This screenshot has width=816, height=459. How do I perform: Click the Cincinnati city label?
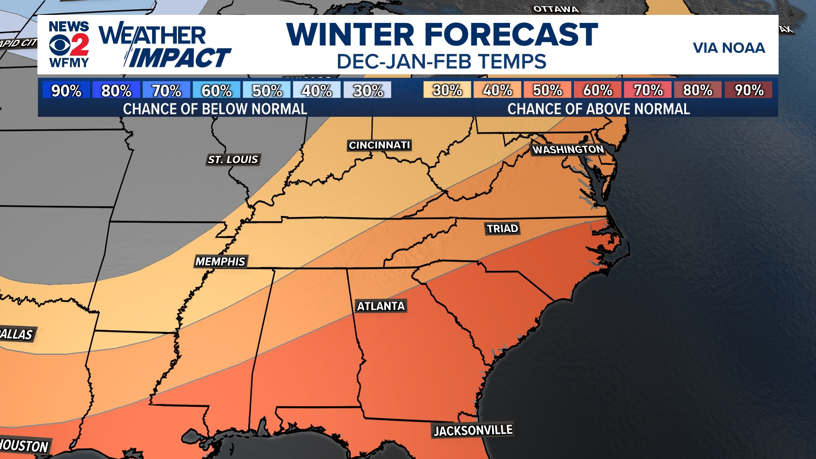pos(379,145)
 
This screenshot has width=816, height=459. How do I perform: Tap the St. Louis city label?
pos(233,159)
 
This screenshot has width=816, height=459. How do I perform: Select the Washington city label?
pos(568,150)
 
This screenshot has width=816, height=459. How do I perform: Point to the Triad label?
pos(502,229)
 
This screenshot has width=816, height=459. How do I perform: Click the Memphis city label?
pos(220,261)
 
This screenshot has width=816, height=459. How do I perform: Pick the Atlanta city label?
pos(381,306)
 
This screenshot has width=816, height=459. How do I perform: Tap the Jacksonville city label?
pos(473,431)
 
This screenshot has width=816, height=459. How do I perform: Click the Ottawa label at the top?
pos(555,9)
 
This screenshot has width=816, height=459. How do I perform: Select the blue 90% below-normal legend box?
pos(66,90)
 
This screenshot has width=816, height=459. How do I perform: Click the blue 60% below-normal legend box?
pos(216,90)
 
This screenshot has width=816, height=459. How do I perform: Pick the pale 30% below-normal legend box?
pos(368,90)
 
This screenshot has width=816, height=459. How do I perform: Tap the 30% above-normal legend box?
pos(447,90)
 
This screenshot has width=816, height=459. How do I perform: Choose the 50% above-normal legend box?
pos(547,90)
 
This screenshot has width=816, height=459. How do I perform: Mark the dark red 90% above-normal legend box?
pos(749,90)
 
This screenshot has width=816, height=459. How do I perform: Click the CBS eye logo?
pos(59,45)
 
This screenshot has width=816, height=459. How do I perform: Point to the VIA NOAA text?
pos(728,48)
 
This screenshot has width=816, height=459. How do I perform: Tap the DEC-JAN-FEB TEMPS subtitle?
pos(441,62)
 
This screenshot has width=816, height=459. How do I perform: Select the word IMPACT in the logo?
pos(179,58)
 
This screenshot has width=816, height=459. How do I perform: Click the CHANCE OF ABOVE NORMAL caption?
pos(598,109)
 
